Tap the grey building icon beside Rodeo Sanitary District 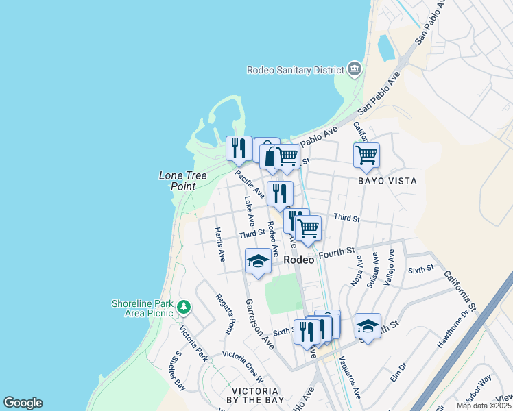[x=355, y=68]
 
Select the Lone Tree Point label [x=182, y=181]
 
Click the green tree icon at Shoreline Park [x=183, y=306]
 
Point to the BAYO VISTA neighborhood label [x=386, y=181]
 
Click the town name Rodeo [x=300, y=260]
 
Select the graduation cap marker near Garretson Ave [x=258, y=262]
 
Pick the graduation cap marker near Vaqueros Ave [x=368, y=327]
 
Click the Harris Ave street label [x=219, y=245]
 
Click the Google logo [x=23, y=402]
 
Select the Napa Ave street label [x=356, y=272]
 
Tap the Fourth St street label [x=339, y=252]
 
